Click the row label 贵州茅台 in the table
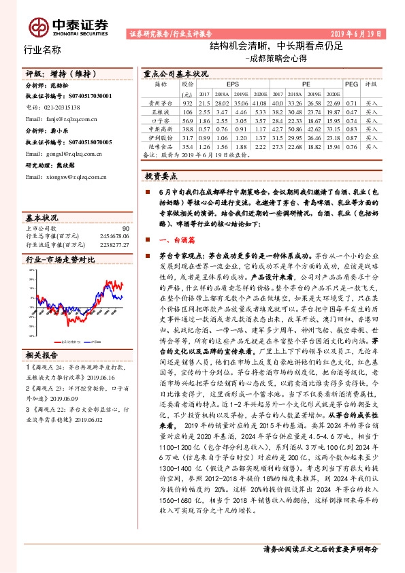160,101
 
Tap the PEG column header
351,84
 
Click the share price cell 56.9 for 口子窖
187,119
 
